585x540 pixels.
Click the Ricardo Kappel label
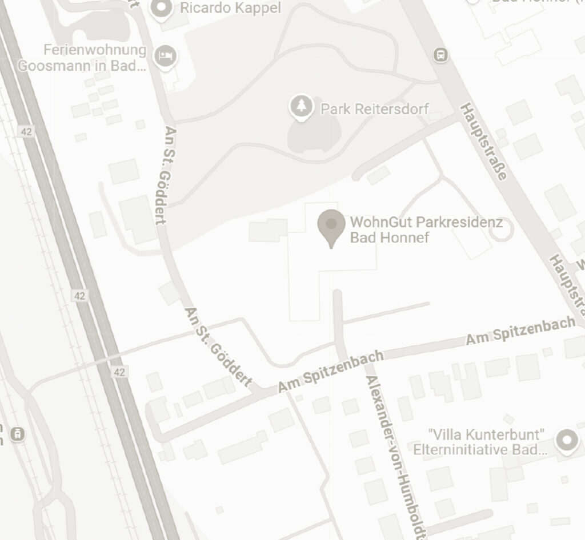230,8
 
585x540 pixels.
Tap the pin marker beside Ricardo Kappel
161,8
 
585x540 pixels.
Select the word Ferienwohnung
95,50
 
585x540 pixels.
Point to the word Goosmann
55,65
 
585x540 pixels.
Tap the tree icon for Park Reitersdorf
301,106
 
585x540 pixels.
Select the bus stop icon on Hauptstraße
441,55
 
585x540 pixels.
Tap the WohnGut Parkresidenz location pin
331,226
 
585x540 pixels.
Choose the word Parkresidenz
460,221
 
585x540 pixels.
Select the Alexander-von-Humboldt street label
397,457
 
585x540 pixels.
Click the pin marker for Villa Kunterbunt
567,440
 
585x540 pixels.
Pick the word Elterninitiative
460,449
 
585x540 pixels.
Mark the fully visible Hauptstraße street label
483,142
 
